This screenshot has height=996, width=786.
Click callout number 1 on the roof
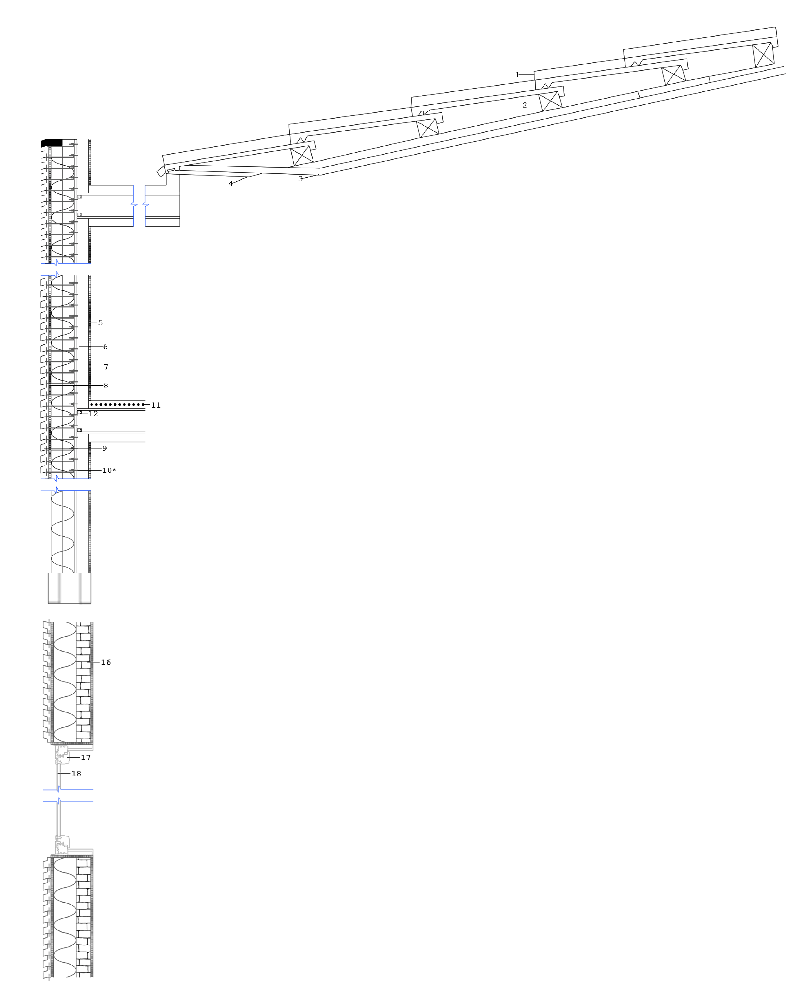point(517,75)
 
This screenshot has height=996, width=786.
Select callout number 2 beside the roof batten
point(525,105)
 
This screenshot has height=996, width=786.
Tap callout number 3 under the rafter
point(300,179)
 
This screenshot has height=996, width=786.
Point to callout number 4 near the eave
point(231,183)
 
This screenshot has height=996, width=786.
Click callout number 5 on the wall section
point(100,323)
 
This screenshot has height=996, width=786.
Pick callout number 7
point(106,367)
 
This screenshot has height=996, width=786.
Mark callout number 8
point(106,385)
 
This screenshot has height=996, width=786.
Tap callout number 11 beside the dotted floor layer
point(155,405)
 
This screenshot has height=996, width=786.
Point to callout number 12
point(93,414)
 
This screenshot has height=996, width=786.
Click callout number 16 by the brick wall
point(106,662)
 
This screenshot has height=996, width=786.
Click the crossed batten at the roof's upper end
point(763,55)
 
